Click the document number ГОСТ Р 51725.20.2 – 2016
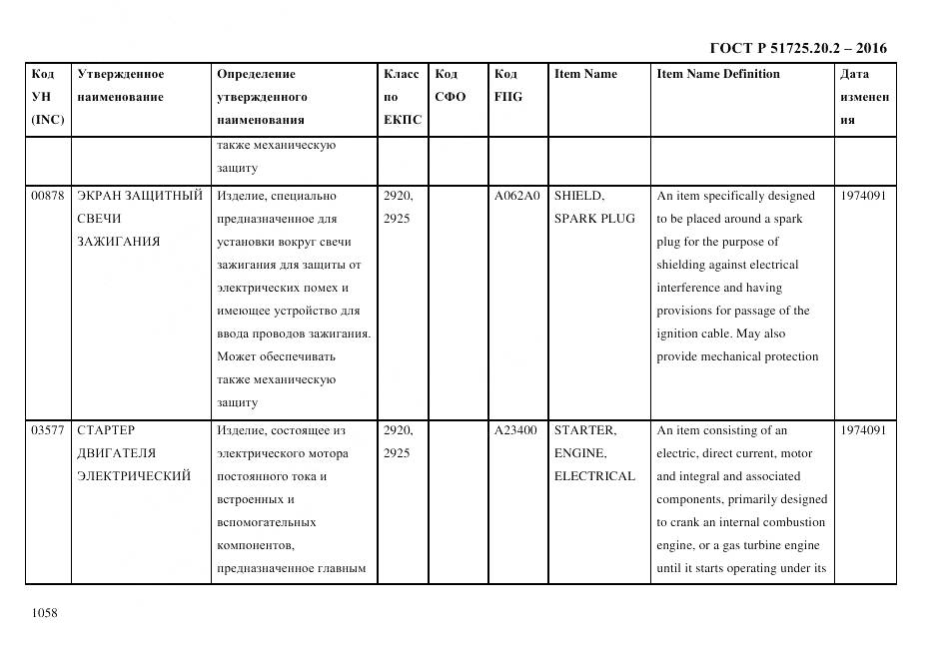pos(797,48)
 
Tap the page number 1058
pos(46,613)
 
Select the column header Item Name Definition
pos(718,74)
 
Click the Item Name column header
pos(585,74)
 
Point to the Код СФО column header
pos(451,85)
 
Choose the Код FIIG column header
pos(507,85)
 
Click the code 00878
pos(48,196)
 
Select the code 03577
pos(48,430)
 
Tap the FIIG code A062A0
pos(516,196)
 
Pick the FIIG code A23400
pos(515,430)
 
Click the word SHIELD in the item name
pos(579,196)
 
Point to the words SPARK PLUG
pos(594,219)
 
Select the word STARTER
pos(585,430)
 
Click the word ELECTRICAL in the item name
pos(594,476)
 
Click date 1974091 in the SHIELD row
pos(863,196)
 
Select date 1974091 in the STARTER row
pos(863,430)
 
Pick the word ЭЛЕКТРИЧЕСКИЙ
pos(134,476)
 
